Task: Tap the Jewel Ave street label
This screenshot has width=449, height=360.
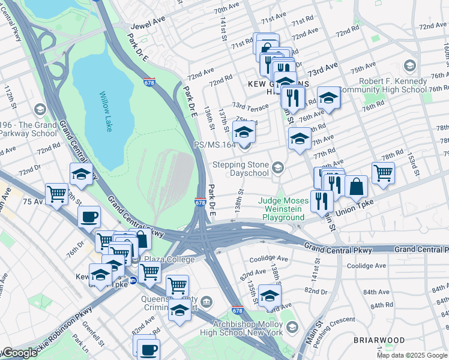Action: (x=147, y=28)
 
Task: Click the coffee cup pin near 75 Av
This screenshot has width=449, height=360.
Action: (x=89, y=217)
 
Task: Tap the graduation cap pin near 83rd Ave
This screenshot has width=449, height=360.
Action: (x=270, y=295)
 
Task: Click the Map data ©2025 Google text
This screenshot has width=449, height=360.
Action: (x=412, y=355)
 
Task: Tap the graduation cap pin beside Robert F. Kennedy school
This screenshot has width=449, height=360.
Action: (x=329, y=97)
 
